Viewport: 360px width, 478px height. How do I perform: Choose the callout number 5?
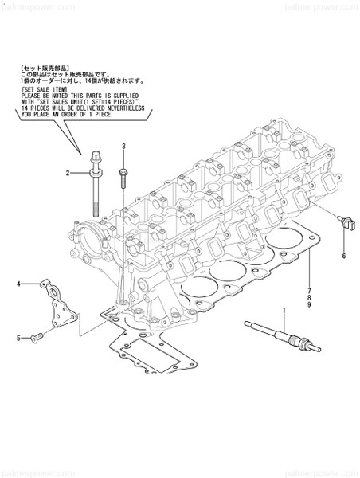[x=18, y=338]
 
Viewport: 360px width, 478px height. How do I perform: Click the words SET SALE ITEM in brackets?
[x=40, y=90]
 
